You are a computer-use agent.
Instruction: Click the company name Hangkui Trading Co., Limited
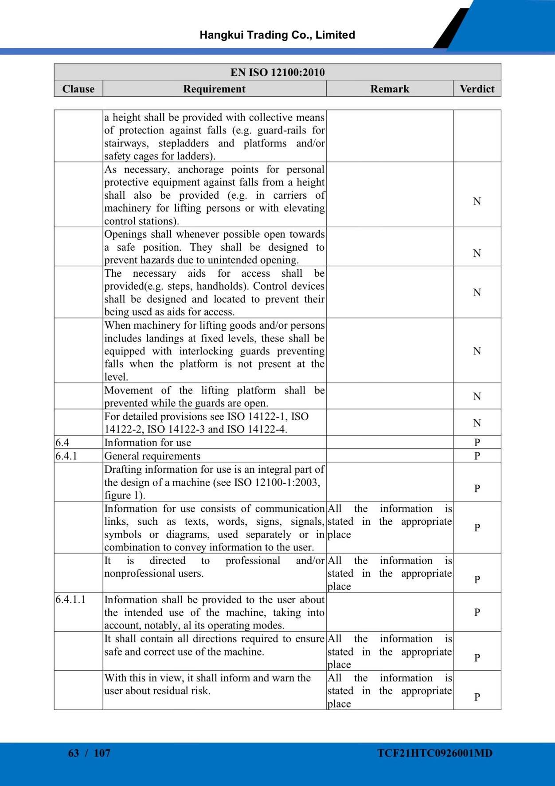tap(277, 35)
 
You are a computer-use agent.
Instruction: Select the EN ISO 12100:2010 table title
tap(277, 72)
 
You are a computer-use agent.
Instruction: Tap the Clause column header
tap(78, 89)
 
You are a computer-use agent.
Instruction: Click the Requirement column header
tap(214, 89)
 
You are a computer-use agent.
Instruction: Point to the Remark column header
tap(390, 89)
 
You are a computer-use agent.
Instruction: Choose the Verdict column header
tap(477, 89)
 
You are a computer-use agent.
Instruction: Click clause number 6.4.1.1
tap(70, 600)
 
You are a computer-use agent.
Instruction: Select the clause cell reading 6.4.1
tap(66, 456)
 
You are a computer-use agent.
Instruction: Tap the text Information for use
tap(148, 443)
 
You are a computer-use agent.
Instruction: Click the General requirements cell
tap(152, 456)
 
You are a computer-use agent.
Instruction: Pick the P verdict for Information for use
tap(477, 443)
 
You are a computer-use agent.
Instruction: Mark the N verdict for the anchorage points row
tap(477, 201)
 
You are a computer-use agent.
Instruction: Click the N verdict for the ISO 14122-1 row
tap(477, 423)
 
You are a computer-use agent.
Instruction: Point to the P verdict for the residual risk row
tap(477, 697)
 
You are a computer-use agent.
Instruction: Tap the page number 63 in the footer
tap(74, 753)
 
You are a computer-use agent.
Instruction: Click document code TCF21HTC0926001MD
tap(435, 753)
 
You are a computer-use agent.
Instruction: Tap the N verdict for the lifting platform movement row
tap(477, 397)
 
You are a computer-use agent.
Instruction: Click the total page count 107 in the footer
tap(102, 753)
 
